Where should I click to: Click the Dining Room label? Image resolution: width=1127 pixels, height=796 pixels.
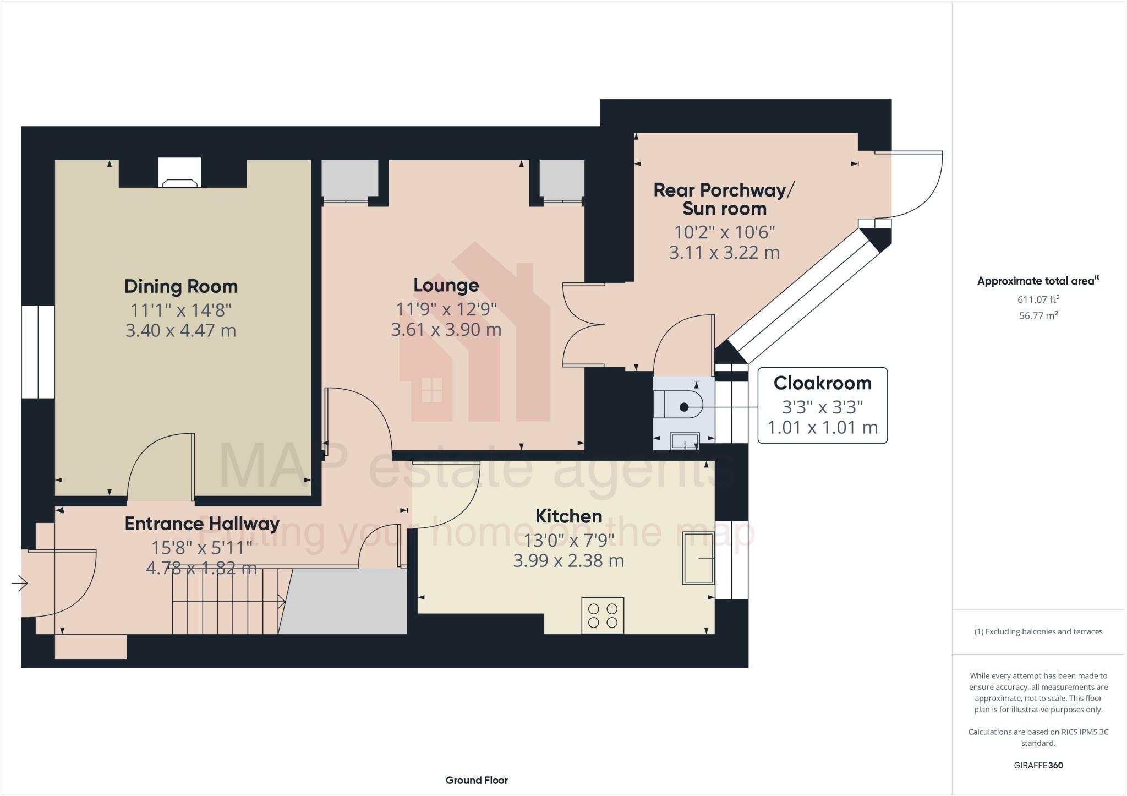pyautogui.click(x=180, y=286)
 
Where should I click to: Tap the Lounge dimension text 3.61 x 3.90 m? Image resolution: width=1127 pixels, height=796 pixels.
pyautogui.click(x=446, y=330)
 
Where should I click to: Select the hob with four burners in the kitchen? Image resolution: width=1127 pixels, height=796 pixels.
pyautogui.click(x=603, y=615)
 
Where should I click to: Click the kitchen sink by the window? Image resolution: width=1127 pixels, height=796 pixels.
pyautogui.click(x=698, y=558)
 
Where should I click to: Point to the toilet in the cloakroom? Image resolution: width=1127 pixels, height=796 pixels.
pyautogui.click(x=683, y=407)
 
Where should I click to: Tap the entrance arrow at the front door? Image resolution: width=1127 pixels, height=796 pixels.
pyautogui.click(x=20, y=583)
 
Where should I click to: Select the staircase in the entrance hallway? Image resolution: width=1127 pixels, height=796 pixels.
pyautogui.click(x=228, y=602)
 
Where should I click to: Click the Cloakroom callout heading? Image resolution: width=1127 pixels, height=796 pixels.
pyautogui.click(x=822, y=383)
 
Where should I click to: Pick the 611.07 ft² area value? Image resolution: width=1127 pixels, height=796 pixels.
pyautogui.click(x=1038, y=299)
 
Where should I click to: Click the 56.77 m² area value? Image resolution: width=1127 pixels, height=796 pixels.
pyautogui.click(x=1038, y=315)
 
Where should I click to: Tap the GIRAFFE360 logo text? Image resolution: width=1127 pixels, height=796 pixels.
pyautogui.click(x=1038, y=765)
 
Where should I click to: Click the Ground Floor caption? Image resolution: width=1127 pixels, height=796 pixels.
pyautogui.click(x=477, y=780)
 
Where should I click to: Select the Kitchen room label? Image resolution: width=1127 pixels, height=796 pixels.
pyautogui.click(x=568, y=516)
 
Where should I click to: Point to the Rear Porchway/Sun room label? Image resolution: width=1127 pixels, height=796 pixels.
pyautogui.click(x=724, y=199)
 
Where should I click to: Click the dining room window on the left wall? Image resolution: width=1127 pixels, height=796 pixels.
pyautogui.click(x=38, y=352)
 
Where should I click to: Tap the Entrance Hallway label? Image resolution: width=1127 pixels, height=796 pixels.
pyautogui.click(x=202, y=524)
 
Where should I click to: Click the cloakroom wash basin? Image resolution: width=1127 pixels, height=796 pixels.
pyautogui.click(x=685, y=441)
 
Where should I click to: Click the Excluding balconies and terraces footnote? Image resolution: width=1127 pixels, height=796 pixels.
pyautogui.click(x=1038, y=631)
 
